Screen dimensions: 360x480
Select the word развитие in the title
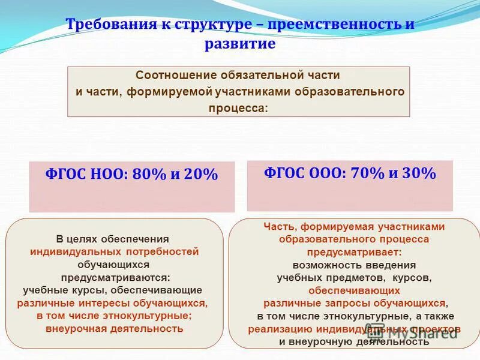coord(240,44)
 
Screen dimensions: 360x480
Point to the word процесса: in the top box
coord(239,109)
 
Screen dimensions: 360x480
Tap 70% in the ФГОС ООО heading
coord(367,173)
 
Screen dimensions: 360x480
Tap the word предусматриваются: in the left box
coord(115,278)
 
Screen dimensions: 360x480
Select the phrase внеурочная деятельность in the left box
coord(115,329)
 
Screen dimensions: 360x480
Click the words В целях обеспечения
coord(113,239)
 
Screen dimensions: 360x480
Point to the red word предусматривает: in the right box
coord(354,252)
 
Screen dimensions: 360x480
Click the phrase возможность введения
coord(354,265)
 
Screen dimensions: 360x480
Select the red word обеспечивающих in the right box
coord(354,290)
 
